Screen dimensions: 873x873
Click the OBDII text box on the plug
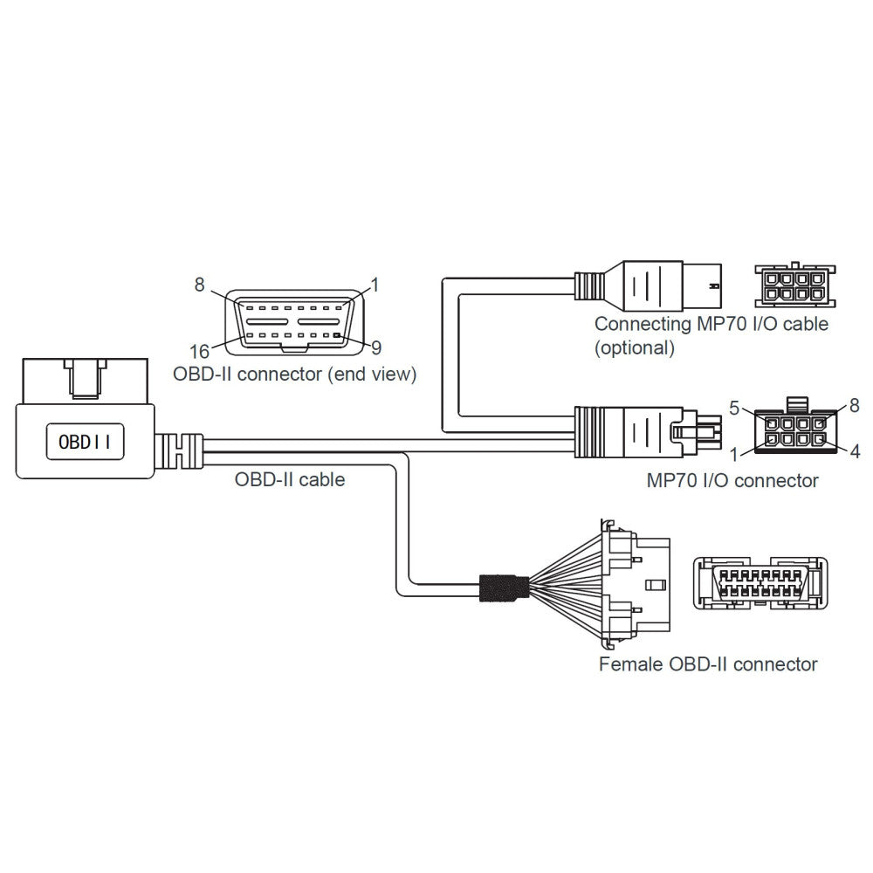pos(84,441)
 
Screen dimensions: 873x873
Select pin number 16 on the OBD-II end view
pos(200,351)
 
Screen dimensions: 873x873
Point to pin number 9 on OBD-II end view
pos(376,347)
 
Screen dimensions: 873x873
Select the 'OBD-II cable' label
pos(290,479)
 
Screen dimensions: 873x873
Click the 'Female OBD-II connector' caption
pos(708,664)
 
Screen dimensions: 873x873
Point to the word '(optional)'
pos(635,347)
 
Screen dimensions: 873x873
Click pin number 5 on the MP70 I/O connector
pos(735,406)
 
